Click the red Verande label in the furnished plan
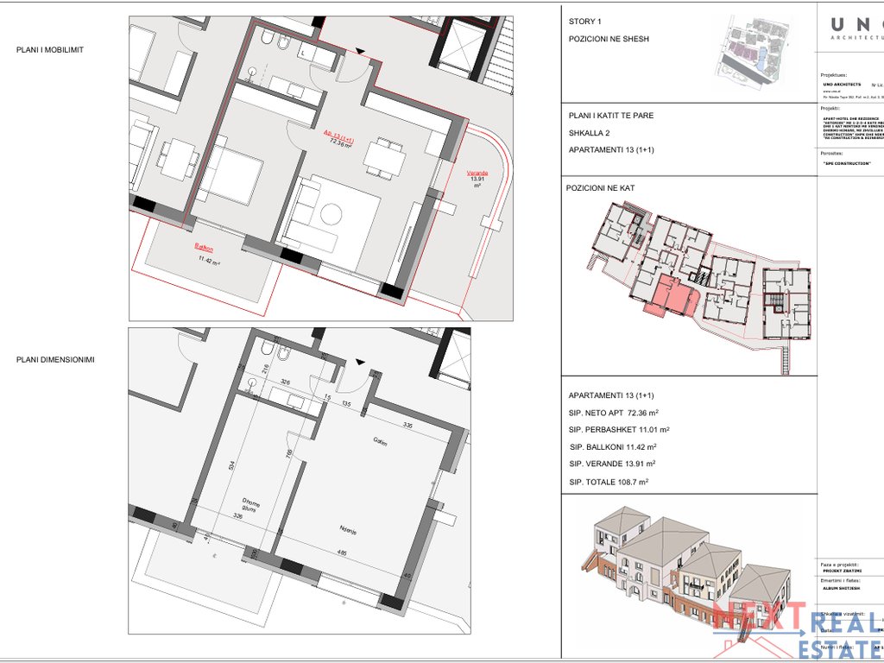pyautogui.click(x=477, y=174)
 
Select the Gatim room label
pyautogui.click(x=380, y=444)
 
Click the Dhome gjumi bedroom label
pyautogui.click(x=250, y=506)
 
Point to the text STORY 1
pyautogui.click(x=585, y=22)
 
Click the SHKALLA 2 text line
pyautogui.click(x=592, y=133)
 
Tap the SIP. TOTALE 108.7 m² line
pyautogui.click(x=609, y=483)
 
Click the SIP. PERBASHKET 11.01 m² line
pyautogui.click(x=619, y=429)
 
